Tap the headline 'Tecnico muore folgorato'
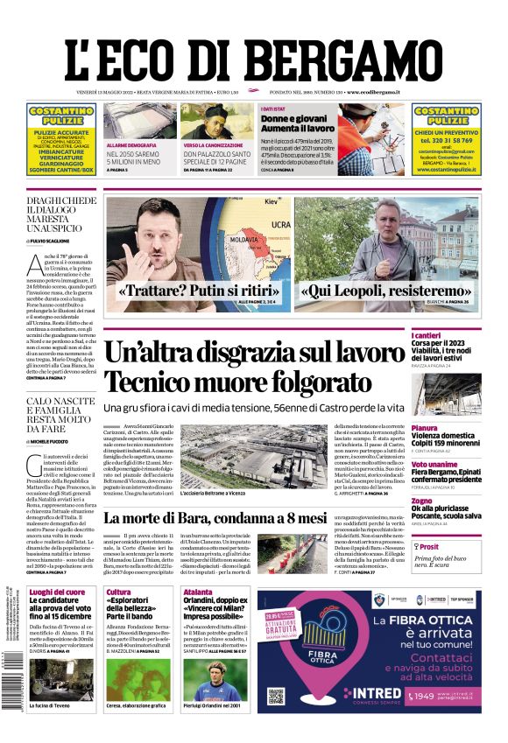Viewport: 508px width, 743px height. tap(237, 382)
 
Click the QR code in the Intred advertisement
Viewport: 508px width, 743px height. tap(277, 697)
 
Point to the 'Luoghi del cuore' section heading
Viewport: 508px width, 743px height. tap(57, 592)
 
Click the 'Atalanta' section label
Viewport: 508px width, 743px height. tap(197, 592)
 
